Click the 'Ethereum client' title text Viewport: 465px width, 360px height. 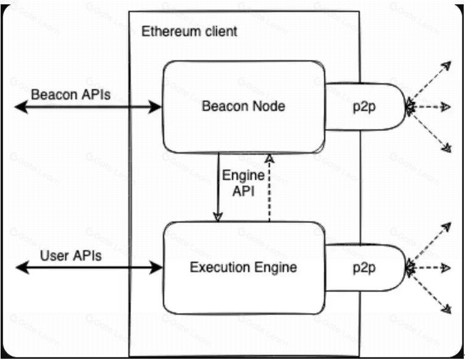coord(189,31)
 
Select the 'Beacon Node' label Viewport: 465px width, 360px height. coord(243,106)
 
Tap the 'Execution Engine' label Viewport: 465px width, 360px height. coord(243,267)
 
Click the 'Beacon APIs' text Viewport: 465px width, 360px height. coord(70,95)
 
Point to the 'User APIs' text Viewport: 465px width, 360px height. coord(70,256)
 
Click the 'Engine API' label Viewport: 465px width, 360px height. coord(243,183)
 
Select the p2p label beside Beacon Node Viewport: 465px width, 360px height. coord(364,107)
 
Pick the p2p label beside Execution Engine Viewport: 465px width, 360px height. coord(364,269)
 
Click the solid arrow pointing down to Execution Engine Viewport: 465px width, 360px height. coord(218,188)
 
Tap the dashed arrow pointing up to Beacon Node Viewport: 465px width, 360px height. coord(269,188)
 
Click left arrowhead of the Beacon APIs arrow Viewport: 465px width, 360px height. coord(21,107)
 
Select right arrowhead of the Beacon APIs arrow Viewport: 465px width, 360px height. coord(155,107)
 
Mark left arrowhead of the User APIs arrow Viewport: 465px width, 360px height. coord(22,268)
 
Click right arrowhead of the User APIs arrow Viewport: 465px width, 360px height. coord(156,268)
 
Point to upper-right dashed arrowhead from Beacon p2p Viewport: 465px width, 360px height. coord(447,65)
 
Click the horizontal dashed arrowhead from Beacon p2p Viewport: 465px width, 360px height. coord(446,107)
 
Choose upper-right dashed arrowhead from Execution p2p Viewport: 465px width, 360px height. coord(447,227)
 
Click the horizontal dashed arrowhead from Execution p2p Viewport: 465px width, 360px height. coord(446,268)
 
